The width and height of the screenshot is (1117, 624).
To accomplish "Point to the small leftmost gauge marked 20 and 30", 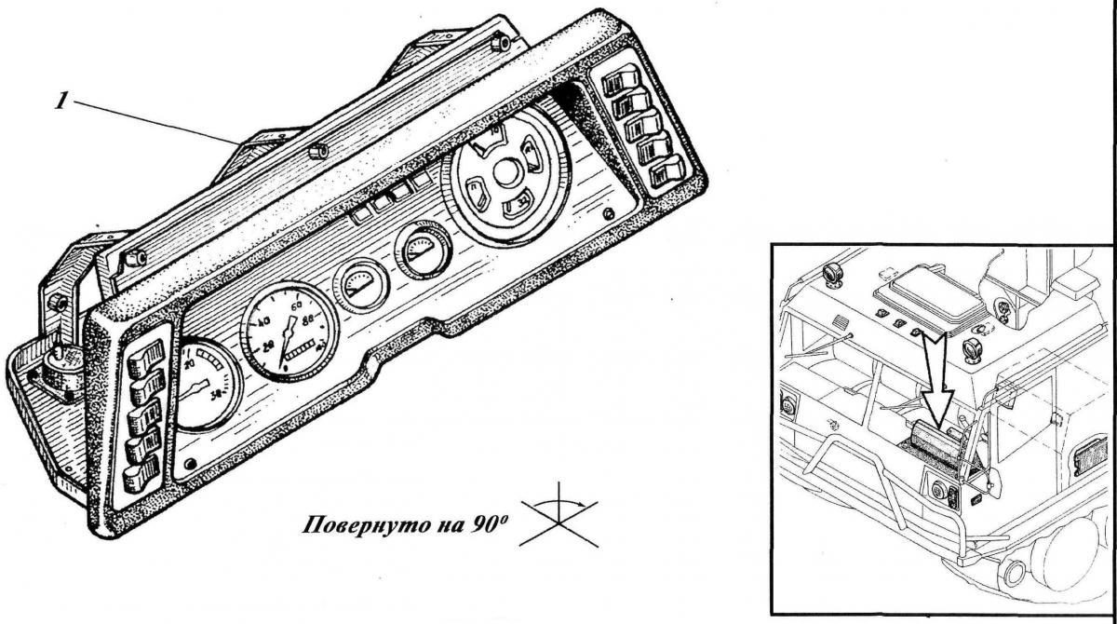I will [204, 384].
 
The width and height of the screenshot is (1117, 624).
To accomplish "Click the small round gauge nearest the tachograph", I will [424, 250].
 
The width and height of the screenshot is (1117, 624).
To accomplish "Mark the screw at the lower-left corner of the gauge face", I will [190, 463].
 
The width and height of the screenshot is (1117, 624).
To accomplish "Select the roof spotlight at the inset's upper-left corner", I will [831, 274].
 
